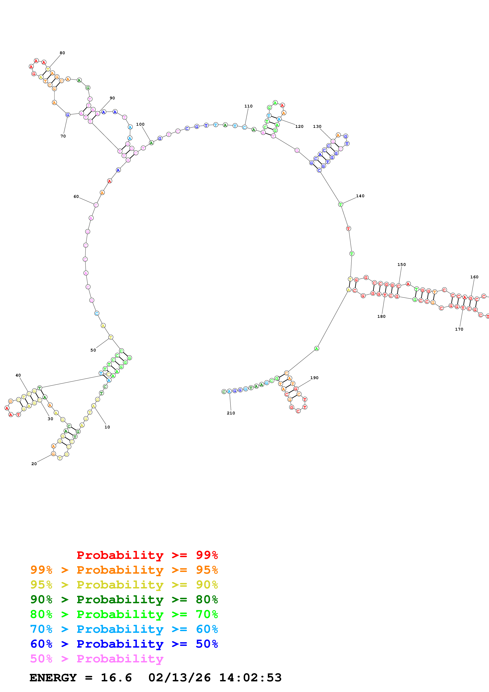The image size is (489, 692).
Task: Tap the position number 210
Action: pyautogui.click(x=231, y=413)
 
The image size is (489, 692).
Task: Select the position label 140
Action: pyautogui.click(x=360, y=196)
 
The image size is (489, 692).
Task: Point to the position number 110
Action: pyautogui.click(x=248, y=106)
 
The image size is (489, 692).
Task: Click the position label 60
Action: pyautogui.click(x=76, y=196)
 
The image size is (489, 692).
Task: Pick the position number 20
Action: pyautogui.click(x=34, y=464)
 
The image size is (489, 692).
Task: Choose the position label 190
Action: pyautogui.click(x=314, y=378)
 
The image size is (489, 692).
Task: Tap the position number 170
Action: pyautogui.click(x=459, y=329)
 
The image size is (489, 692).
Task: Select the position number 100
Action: pyautogui.click(x=140, y=124)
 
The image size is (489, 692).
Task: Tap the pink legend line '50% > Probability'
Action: pyautogui.click(x=97, y=658)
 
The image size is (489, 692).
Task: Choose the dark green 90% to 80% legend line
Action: pyautogui.click(x=124, y=599)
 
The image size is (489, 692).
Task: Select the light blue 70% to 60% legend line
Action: pyautogui.click(x=124, y=629)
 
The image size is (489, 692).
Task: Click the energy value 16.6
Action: pyautogui.click(x=116, y=678)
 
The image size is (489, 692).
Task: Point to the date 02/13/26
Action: pyautogui.click(x=179, y=678)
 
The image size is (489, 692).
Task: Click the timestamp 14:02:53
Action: pyautogui.click(x=250, y=678)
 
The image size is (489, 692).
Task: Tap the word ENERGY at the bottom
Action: pyautogui.click(x=53, y=678)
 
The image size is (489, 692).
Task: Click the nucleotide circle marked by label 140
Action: pyautogui.click(x=340, y=204)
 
